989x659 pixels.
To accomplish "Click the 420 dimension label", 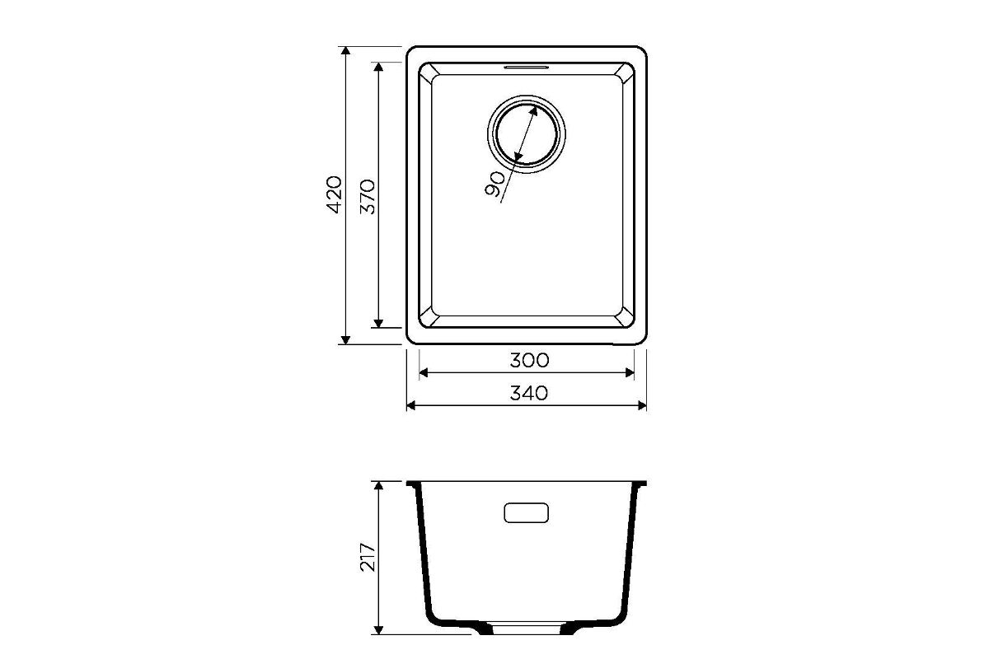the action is (x=335, y=194).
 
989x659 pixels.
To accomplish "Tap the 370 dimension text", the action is (x=368, y=196).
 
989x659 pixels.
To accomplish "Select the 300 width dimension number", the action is (x=529, y=361).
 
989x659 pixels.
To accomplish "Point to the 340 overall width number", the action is (x=529, y=393).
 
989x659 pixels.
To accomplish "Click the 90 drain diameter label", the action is (x=495, y=184).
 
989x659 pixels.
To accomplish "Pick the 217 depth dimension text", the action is (x=368, y=558).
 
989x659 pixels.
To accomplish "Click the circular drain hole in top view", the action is (x=527, y=133).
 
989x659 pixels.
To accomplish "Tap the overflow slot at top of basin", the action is (x=527, y=68).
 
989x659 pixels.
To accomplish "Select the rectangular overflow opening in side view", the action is (x=527, y=513).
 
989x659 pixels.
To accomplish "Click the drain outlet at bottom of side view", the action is (x=527, y=629).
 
